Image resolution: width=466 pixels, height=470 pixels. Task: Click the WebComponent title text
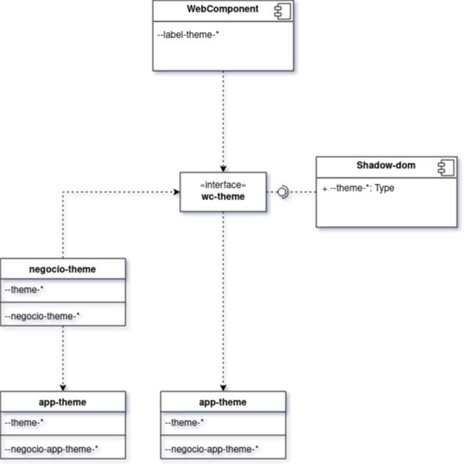(x=223, y=9)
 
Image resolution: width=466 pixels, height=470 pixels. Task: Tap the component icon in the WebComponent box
(x=282, y=12)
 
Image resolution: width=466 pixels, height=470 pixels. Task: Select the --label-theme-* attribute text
(x=188, y=34)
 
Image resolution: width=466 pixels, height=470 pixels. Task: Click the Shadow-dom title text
(x=386, y=165)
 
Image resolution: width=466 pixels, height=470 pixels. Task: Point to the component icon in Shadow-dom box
(x=446, y=167)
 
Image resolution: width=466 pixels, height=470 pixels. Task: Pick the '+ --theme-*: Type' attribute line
(x=358, y=188)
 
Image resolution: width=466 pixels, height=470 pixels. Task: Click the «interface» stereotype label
(x=223, y=185)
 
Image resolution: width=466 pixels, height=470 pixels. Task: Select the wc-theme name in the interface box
(x=223, y=196)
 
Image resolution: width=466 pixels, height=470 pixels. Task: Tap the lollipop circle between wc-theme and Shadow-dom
(x=281, y=192)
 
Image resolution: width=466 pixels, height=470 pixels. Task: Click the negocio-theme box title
(x=63, y=269)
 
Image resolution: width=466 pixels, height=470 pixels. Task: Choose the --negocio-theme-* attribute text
(x=42, y=316)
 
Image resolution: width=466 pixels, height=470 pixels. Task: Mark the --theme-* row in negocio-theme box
(x=24, y=289)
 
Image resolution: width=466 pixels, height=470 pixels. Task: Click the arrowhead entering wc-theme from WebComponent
(x=223, y=169)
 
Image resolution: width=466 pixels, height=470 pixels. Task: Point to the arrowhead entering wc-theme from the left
(x=177, y=192)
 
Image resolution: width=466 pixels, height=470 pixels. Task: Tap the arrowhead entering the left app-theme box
(x=63, y=388)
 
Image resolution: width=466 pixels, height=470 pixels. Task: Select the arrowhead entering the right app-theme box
(x=223, y=388)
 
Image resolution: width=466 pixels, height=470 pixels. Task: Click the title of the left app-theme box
(x=63, y=402)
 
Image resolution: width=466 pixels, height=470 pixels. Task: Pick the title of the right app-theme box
(x=223, y=402)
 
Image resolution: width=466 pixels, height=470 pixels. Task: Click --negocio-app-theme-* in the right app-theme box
(x=212, y=449)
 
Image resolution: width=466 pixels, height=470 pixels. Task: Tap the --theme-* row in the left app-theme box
(x=24, y=422)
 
